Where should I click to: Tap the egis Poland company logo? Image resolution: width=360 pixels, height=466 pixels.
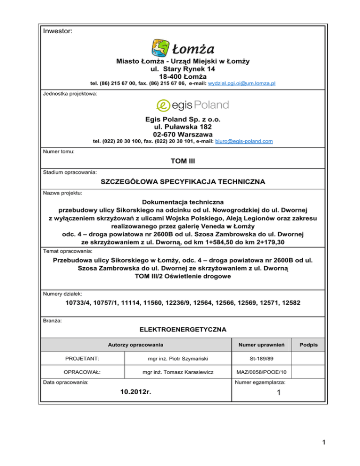191,105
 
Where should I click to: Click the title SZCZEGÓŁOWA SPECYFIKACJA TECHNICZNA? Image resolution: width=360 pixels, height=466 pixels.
180,181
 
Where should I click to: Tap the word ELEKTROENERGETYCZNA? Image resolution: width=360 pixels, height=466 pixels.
180,329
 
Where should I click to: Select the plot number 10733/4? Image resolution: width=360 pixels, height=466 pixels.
73,303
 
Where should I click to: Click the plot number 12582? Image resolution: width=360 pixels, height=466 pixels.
289,303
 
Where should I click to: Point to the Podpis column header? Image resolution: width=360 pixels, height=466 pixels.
308,345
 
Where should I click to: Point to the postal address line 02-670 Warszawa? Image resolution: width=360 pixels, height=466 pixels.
180,134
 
